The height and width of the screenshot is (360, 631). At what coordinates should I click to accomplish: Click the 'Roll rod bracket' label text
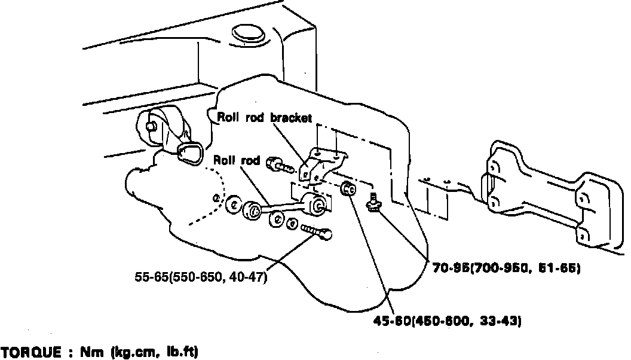[x=264, y=118]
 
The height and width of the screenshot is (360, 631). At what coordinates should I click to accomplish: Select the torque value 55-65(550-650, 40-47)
[x=201, y=277]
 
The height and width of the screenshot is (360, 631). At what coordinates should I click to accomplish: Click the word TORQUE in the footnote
[x=30, y=352]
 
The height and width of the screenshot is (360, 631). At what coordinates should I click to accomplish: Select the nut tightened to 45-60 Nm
[x=349, y=190]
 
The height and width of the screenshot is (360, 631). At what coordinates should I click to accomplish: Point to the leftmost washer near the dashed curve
[x=234, y=204]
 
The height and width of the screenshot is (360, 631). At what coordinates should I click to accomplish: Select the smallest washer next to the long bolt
[x=292, y=223]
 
